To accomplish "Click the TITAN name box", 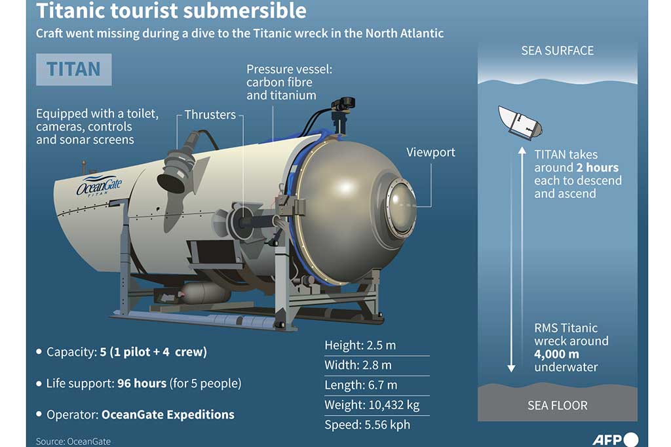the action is pos(73,69).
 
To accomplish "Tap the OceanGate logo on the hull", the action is pos(99,186).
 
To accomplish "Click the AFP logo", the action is pos(615,439).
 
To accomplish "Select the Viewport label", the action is pos(431,153).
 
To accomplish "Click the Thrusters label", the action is pos(210,115).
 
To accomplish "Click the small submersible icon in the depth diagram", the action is pos(520,123).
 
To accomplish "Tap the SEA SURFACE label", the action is pos(557,51).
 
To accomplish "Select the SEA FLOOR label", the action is pos(557,406).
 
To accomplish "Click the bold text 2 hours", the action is pos(598,167).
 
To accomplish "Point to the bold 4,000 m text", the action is pos(556,354).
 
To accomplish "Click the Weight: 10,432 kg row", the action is pos(372,405).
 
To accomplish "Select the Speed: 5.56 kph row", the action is pos(367,425).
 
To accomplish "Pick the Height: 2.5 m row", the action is pos(360,345).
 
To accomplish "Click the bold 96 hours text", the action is pos(142,383).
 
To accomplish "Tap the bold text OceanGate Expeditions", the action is pos(168,414).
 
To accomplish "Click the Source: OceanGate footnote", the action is pos(73,442).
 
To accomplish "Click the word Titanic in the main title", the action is pos(70,10).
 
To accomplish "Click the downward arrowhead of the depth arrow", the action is pos(511,368).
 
